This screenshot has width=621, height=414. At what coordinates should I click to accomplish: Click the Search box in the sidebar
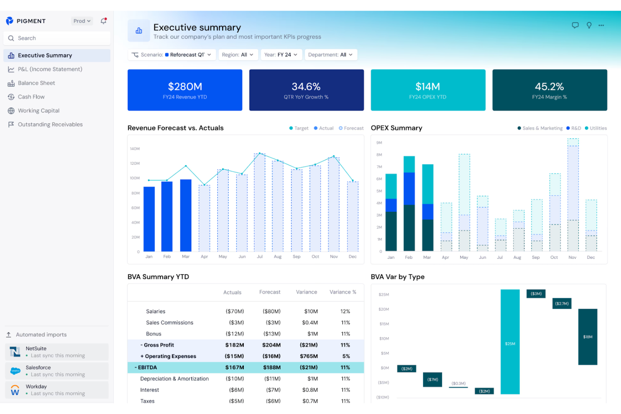[57, 38]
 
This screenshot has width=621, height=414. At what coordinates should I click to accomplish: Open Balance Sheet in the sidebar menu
[37, 83]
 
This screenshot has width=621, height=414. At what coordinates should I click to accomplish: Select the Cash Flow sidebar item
[31, 97]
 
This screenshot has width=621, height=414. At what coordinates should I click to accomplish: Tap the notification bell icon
[104, 21]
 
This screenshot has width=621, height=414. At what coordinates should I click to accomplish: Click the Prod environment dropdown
[82, 21]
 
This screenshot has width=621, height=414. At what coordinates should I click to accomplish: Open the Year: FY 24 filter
[281, 55]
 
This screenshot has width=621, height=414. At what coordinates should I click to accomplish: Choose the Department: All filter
[330, 55]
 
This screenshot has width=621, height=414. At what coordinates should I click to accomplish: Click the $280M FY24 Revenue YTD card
[185, 90]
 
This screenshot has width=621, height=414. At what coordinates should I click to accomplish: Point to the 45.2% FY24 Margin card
[549, 90]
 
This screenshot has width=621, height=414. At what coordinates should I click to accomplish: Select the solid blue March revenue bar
[185, 216]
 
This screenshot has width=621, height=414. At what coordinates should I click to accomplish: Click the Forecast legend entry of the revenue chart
[351, 128]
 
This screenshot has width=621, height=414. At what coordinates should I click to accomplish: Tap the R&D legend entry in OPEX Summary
[574, 128]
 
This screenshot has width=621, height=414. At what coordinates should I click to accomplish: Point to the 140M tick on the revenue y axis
[135, 149]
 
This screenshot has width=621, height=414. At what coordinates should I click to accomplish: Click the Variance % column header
[342, 292]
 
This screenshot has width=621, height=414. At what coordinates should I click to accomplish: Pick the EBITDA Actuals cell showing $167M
[235, 367]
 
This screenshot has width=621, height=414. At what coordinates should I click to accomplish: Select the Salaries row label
[156, 311]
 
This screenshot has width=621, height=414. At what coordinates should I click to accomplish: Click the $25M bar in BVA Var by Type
[510, 342]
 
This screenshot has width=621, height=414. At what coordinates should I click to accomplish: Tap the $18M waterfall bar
[587, 337]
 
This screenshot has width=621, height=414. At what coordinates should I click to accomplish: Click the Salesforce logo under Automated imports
[16, 371]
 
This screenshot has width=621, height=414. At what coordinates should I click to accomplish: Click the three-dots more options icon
[601, 26]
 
